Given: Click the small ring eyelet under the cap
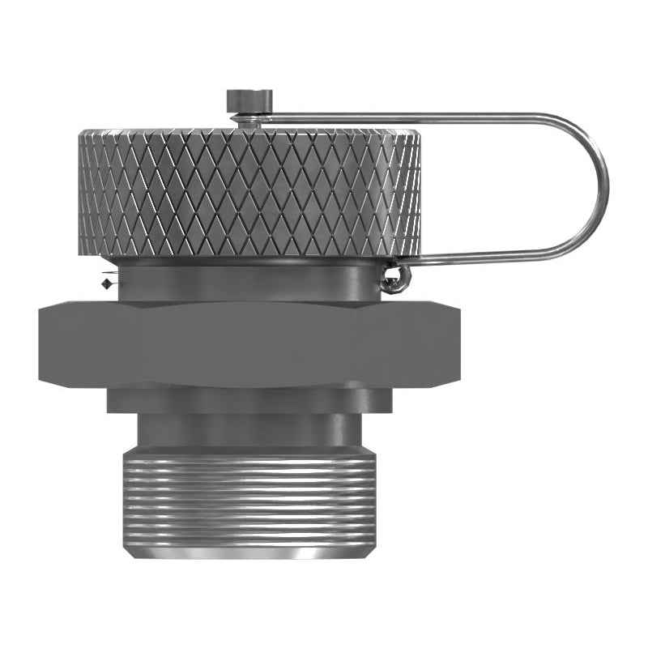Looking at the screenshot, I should (394, 279).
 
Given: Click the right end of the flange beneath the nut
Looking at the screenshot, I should (386, 399).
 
